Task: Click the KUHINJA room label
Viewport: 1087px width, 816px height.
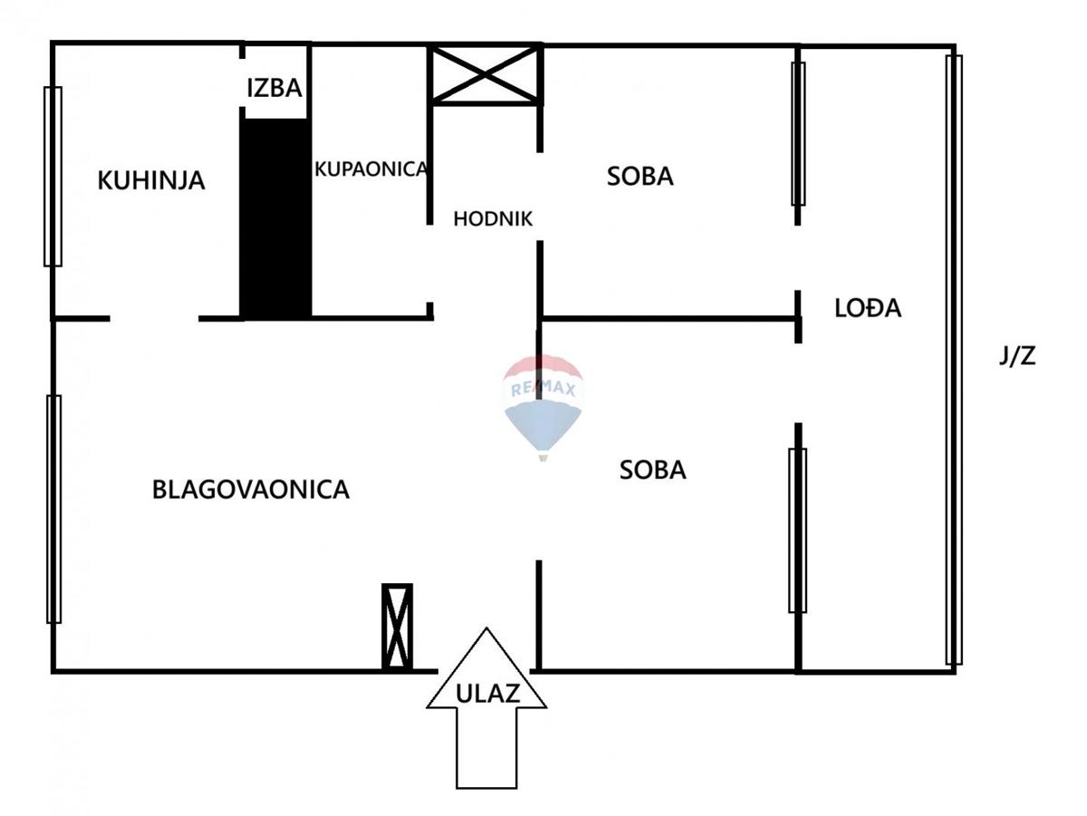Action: pos(151,180)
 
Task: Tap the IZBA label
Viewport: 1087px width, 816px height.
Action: pos(274,89)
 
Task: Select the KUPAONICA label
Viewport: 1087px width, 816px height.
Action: pos(370,168)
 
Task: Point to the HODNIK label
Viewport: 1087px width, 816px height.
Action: pos(493,218)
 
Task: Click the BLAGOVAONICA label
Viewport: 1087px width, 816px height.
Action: pos(251,490)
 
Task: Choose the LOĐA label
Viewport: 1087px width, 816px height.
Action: pos(868,308)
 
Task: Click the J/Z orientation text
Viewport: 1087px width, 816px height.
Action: pos(1017,356)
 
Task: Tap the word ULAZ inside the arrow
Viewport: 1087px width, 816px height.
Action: pos(487,695)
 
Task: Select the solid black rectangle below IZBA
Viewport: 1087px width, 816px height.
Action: pos(275,217)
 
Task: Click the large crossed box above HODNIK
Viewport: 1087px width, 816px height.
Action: pos(486,73)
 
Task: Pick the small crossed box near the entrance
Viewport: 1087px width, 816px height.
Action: pos(397,626)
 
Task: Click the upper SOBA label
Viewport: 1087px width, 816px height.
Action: pos(640,176)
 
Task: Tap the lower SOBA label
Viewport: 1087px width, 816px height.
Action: pos(653,470)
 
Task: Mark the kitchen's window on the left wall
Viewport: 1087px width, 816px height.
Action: pos(53,177)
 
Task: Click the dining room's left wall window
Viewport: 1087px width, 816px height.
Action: pos(54,509)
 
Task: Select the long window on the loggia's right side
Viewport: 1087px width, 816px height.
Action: pos(953,360)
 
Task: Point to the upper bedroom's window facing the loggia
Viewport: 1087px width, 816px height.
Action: pos(798,134)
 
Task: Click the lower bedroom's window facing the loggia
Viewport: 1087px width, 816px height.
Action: pos(797,530)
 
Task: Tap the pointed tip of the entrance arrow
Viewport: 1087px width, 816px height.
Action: pos(487,630)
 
